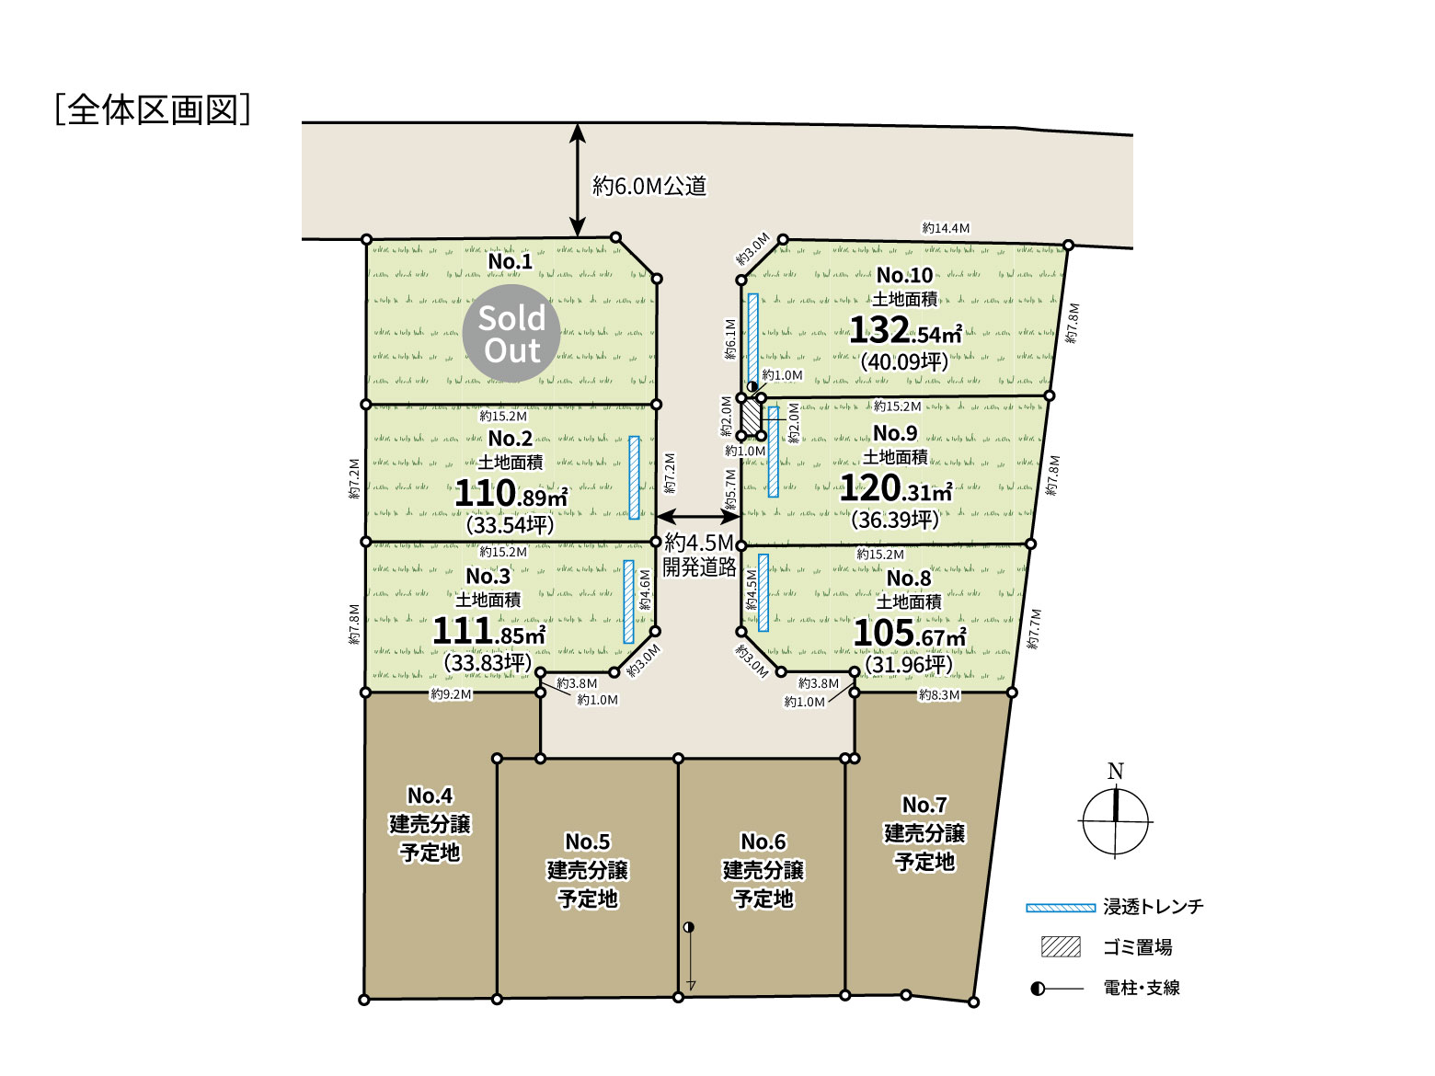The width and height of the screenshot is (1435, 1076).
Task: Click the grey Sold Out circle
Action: (x=511, y=333)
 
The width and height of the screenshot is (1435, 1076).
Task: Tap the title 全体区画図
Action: (x=153, y=109)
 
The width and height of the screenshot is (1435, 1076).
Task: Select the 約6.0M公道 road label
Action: (x=649, y=186)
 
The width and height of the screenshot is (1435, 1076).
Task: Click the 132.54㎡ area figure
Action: (x=905, y=330)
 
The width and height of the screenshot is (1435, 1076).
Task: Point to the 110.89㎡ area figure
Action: (x=511, y=493)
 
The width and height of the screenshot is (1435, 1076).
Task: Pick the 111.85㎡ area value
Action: (x=488, y=631)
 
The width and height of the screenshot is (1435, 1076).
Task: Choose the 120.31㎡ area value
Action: (x=896, y=488)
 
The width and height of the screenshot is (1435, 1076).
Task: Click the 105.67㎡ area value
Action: (x=910, y=633)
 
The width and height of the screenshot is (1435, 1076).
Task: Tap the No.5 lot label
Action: (x=588, y=841)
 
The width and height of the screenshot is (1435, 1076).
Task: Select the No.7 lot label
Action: (x=924, y=804)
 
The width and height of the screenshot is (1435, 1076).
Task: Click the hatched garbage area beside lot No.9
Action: (x=752, y=417)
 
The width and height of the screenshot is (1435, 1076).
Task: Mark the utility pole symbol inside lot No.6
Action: (x=688, y=927)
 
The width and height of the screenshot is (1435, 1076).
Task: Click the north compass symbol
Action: (x=1115, y=821)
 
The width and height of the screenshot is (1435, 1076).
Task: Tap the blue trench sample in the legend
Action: (x=1061, y=908)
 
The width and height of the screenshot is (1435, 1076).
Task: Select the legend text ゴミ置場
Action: (x=1138, y=947)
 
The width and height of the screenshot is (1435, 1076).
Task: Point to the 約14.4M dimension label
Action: (x=946, y=228)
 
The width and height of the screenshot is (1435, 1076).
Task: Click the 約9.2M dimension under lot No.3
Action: (x=451, y=694)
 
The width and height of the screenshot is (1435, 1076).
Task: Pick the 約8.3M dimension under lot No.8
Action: (x=939, y=695)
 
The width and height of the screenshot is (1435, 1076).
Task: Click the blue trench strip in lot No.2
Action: (x=634, y=477)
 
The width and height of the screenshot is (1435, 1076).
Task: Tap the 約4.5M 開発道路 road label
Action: (x=699, y=555)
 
